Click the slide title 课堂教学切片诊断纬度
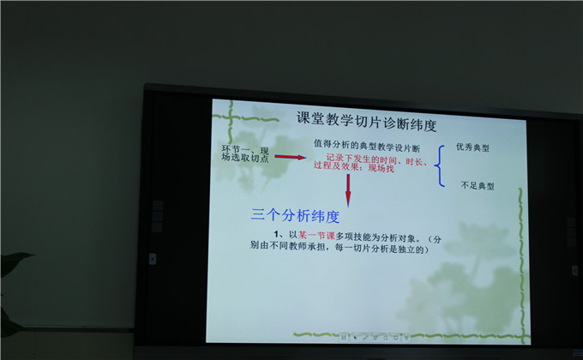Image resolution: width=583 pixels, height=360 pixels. (x=366, y=121)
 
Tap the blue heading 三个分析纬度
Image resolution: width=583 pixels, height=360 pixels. (x=295, y=216)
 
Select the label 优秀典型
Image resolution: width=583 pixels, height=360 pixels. (x=472, y=147)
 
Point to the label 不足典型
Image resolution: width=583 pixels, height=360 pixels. (x=478, y=185)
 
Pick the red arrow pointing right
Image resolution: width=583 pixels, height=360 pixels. (x=290, y=157)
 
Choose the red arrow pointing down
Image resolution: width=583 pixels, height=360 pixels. (x=348, y=190)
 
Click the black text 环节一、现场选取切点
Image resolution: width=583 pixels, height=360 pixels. (x=245, y=154)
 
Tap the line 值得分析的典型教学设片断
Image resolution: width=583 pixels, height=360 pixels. (x=367, y=146)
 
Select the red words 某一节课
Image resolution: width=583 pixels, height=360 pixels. (x=316, y=235)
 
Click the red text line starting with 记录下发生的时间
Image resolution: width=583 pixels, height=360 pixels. (x=377, y=160)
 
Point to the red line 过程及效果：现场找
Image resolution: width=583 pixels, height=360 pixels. (x=353, y=167)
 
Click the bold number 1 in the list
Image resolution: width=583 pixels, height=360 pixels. (x=276, y=234)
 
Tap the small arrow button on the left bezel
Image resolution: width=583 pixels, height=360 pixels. (x=153, y=259)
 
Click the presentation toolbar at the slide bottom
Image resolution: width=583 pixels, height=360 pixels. (x=375, y=338)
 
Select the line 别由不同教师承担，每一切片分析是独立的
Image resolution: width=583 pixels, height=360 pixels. (x=340, y=248)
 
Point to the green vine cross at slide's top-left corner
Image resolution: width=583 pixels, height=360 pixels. (x=231, y=118)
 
